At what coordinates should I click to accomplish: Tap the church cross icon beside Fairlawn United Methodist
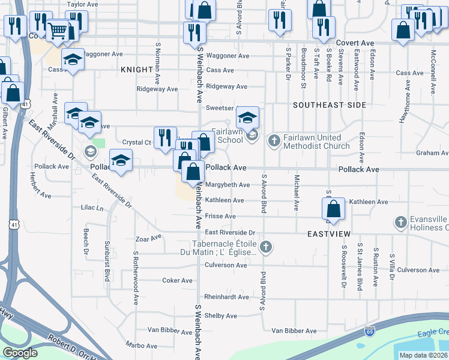[274, 141]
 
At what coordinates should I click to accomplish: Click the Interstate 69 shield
[370, 331]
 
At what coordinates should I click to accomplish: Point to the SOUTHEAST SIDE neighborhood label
[330, 105]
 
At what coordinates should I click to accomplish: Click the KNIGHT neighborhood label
[136, 70]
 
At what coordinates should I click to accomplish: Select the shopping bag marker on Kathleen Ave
[333, 209]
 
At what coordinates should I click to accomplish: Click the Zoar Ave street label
[149, 238]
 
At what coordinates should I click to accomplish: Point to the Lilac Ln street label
[92, 208]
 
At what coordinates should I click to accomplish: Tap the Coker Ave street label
[178, 280]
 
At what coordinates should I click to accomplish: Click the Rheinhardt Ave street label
[226, 297]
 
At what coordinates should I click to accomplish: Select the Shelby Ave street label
[221, 316]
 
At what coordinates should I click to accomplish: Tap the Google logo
[20, 353]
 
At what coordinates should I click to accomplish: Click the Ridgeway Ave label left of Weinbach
[157, 89]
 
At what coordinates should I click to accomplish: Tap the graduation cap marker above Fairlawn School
[247, 116]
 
